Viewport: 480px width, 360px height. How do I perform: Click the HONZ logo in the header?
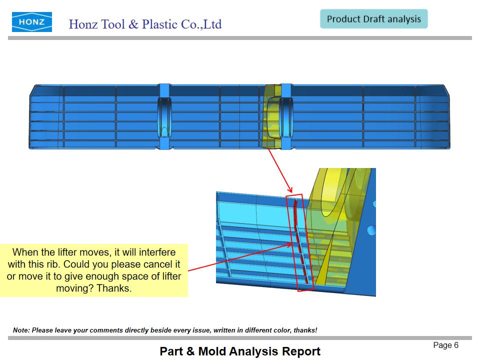(x=32, y=22)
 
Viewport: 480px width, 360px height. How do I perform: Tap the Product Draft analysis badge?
(x=374, y=19)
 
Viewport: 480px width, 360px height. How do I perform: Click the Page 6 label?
(x=445, y=345)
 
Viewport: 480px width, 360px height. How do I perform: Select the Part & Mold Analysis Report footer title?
(x=240, y=351)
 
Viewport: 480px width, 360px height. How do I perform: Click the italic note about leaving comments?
(x=165, y=330)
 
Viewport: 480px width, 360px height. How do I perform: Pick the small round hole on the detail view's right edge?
(x=371, y=230)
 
